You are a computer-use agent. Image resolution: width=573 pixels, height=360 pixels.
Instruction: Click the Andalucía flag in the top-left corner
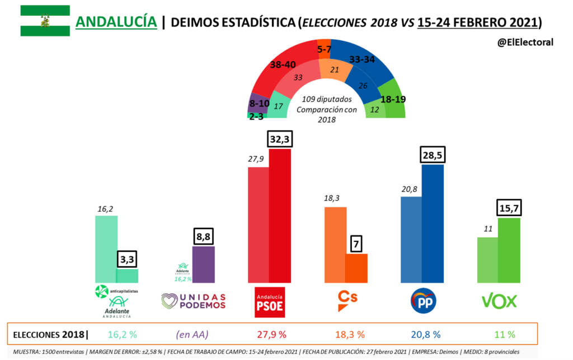pyautogui.click(x=45, y=21)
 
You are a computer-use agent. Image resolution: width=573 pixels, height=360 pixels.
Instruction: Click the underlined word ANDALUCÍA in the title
pyautogui.click(x=116, y=22)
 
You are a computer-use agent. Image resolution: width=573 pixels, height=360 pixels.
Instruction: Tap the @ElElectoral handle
pyautogui.click(x=525, y=42)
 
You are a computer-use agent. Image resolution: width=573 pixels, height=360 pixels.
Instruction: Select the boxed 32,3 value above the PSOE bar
pyautogui.click(x=280, y=138)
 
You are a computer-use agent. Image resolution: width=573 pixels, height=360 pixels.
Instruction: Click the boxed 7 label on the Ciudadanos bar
pyautogui.click(x=356, y=244)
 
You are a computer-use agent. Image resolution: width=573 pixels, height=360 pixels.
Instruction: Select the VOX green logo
pyautogui.click(x=499, y=301)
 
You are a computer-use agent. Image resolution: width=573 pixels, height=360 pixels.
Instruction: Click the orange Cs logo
pyautogui.click(x=347, y=301)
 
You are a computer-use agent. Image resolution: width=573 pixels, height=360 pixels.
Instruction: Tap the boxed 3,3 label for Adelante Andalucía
pyautogui.click(x=126, y=259)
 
